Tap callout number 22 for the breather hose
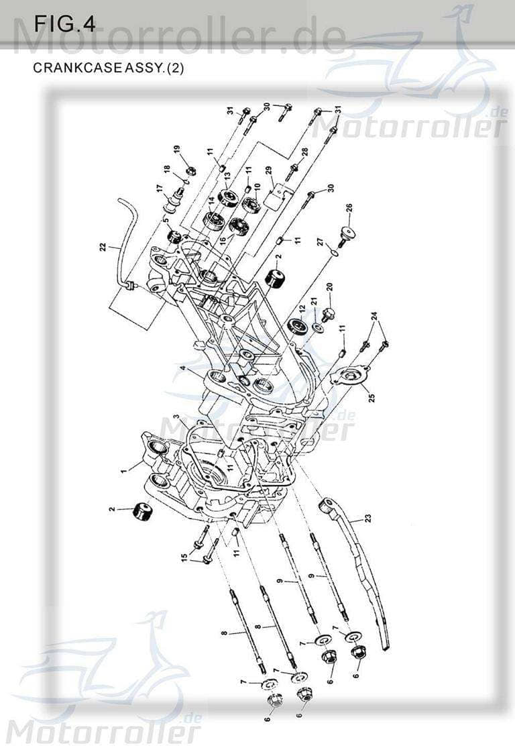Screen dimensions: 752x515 click(x=102, y=248)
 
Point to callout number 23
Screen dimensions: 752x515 click(x=368, y=518)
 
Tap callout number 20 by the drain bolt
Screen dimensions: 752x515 click(x=329, y=287)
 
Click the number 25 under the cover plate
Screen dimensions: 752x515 click(x=371, y=396)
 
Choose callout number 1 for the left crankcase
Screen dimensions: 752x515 click(x=123, y=472)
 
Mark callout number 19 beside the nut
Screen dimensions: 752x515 click(x=177, y=148)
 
